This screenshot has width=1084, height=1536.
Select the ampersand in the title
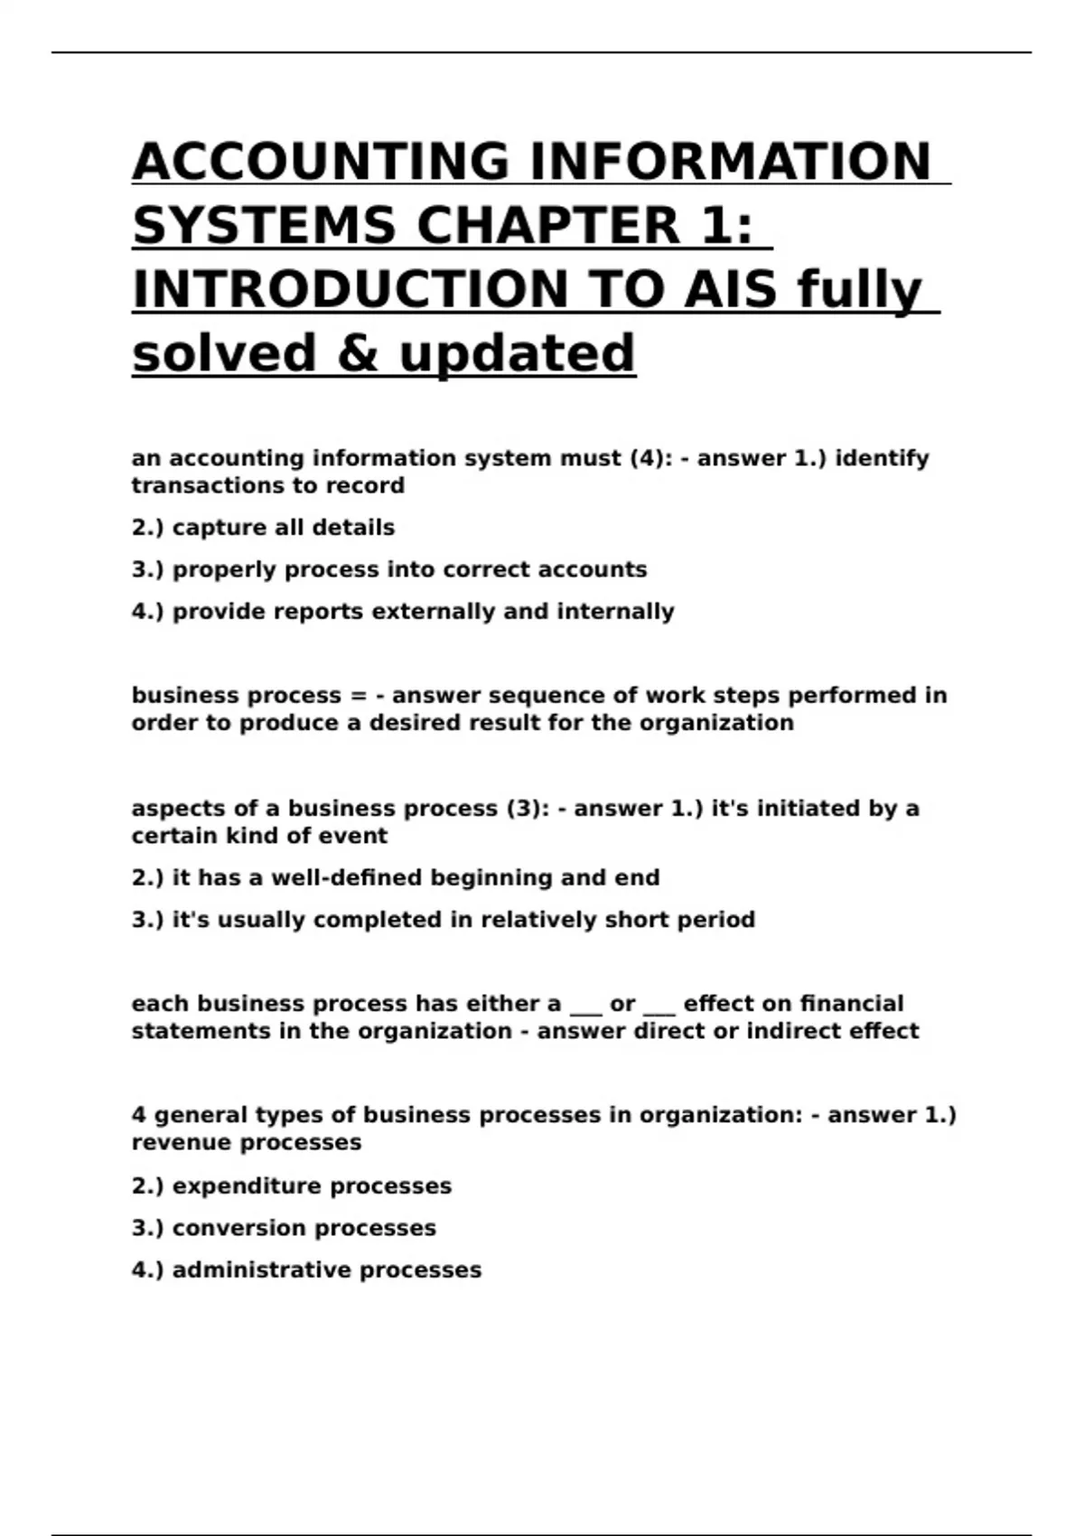tap(358, 353)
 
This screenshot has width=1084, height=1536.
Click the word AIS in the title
tap(730, 290)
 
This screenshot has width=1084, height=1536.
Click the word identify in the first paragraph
tap(882, 459)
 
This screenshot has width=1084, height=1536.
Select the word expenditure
tap(241, 1186)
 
